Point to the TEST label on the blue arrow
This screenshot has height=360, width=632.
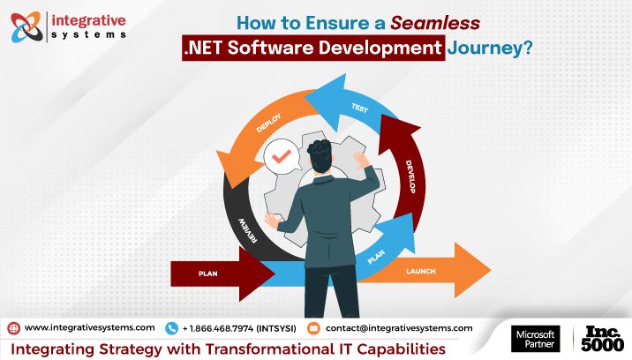coord(359,108)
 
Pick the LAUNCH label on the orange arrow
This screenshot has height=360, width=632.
coord(422,271)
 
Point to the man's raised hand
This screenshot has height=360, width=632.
coord(361,159)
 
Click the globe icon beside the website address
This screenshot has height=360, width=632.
coord(13,327)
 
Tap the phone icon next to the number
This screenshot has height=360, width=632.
coord(171,327)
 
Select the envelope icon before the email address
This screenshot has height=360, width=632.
coord(312,327)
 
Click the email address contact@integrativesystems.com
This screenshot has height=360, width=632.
coord(399,327)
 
